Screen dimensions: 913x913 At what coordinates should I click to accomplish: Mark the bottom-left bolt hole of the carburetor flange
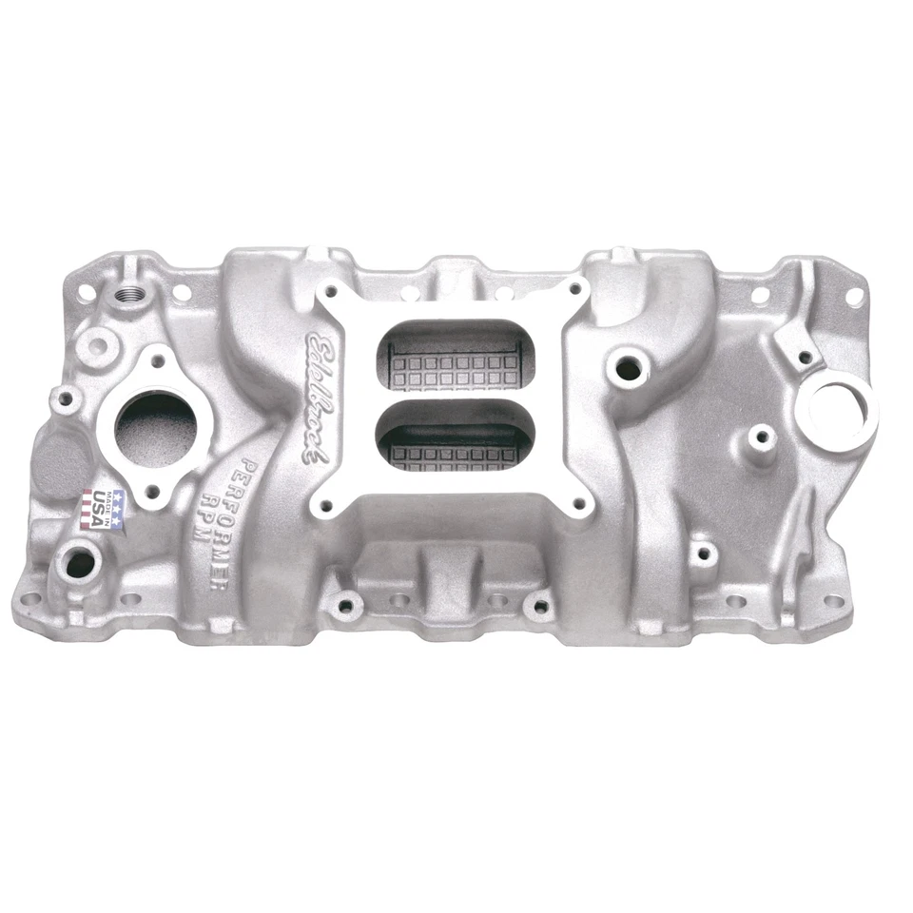pyautogui.click(x=327, y=507)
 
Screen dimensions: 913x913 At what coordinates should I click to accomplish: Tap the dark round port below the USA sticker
pyautogui.click(x=80, y=564)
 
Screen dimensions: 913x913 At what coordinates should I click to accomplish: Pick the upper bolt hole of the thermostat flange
pyautogui.click(x=156, y=362)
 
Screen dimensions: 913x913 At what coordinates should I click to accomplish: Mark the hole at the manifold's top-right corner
pyautogui.click(x=853, y=296)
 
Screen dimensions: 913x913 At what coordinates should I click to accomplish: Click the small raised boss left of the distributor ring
pyautogui.click(x=760, y=438)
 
